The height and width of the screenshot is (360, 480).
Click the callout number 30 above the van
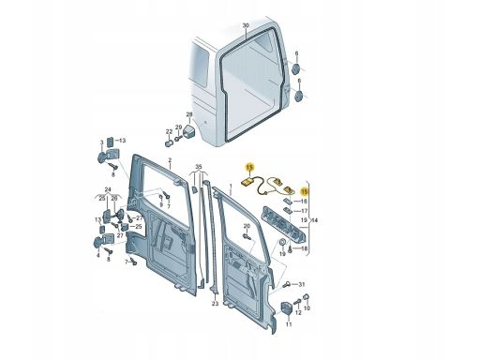click(x=246, y=25)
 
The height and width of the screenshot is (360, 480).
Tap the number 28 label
click(x=189, y=114)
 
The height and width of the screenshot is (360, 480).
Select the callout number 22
click(x=169, y=131)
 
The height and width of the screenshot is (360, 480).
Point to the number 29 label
click(x=178, y=127)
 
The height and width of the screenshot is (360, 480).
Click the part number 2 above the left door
click(x=170, y=160)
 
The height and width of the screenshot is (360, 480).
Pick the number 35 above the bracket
click(x=199, y=166)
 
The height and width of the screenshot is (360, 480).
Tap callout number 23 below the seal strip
click(x=215, y=304)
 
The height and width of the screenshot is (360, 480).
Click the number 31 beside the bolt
click(x=301, y=284)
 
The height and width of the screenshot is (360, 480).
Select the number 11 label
click(x=289, y=324)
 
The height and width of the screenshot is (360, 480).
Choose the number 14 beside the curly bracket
click(x=314, y=220)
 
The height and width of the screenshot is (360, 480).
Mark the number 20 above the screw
click(x=247, y=226)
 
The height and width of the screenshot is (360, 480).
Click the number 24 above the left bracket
click(x=108, y=189)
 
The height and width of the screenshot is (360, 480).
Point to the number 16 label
click(x=304, y=202)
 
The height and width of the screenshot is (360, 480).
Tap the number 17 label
click(x=304, y=211)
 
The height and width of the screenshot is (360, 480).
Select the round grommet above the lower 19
click(x=281, y=242)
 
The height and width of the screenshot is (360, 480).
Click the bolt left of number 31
click(x=286, y=285)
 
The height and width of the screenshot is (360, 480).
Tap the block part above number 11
click(x=287, y=307)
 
